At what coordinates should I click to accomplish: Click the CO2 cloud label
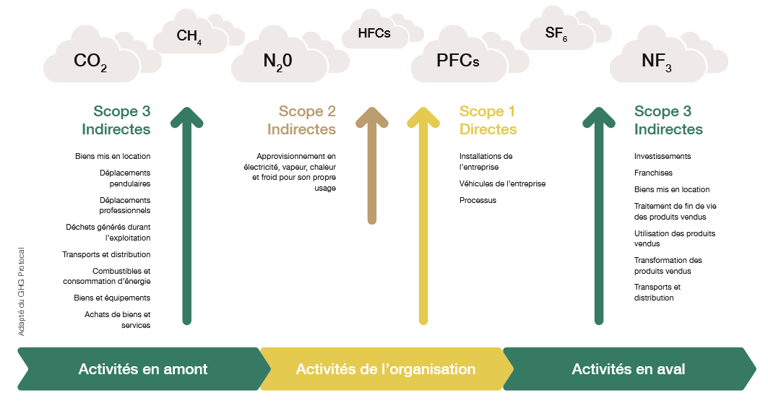tap(90, 61)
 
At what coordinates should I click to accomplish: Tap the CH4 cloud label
tap(189, 36)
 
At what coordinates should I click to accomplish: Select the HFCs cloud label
tap(374, 33)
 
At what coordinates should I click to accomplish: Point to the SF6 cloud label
tap(556, 33)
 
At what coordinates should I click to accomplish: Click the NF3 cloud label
tap(656, 61)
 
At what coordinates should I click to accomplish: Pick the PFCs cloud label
tap(457, 60)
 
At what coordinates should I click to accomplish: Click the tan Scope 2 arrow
tap(372, 165)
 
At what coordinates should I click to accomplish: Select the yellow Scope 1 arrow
tap(423, 215)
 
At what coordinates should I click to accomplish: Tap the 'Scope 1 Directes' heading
tap(488, 121)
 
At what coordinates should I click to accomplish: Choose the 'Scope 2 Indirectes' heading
tap(302, 121)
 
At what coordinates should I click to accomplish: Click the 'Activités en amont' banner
tap(144, 368)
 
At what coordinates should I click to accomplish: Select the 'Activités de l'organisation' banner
tap(386, 368)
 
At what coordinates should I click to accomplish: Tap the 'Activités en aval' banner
tap(629, 368)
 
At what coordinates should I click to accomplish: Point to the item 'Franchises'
tap(653, 173)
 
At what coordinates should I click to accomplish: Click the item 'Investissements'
tap(663, 156)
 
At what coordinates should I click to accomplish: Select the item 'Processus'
tap(478, 200)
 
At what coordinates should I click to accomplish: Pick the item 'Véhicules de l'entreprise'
tap(502, 183)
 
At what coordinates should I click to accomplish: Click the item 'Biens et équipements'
tap(112, 298)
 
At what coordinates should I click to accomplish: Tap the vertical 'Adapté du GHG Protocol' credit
tap(21, 291)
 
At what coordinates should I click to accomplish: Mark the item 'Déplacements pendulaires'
tap(125, 178)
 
